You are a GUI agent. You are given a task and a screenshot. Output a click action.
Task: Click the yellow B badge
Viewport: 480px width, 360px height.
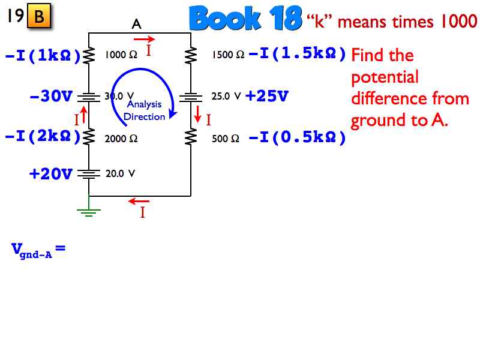coord(39,17)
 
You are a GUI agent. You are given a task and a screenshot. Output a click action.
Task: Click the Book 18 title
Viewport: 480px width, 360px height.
coord(245,19)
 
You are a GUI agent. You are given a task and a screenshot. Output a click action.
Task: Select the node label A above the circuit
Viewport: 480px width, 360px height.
coord(136,24)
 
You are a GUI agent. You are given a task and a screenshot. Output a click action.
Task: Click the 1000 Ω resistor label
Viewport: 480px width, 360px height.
coord(121,55)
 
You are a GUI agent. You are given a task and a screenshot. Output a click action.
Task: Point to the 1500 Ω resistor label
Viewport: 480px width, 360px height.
coord(228,55)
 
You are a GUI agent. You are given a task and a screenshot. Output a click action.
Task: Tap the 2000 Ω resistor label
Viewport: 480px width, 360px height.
coord(121,139)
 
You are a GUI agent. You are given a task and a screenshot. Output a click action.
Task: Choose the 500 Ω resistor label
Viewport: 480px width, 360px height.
coord(226,139)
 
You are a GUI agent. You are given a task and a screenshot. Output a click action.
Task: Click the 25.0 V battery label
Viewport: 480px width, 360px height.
coord(226,96)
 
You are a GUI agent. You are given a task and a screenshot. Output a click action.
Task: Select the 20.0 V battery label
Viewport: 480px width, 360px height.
coord(120,174)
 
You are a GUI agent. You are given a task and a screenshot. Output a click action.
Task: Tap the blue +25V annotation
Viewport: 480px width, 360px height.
coord(267,96)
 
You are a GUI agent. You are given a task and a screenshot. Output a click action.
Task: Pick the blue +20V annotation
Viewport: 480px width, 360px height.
coord(51,174)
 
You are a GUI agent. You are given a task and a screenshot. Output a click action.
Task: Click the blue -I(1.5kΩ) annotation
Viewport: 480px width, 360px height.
coord(298,55)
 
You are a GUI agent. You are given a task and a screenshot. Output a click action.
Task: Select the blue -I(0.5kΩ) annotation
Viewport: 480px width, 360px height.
coord(298,138)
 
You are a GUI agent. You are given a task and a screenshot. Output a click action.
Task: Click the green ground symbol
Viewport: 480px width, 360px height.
coord(89,211)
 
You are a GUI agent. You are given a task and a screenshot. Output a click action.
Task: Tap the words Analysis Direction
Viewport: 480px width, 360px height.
coord(144,110)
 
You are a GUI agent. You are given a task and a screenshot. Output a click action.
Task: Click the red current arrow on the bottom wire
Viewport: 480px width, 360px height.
coord(139,202)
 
